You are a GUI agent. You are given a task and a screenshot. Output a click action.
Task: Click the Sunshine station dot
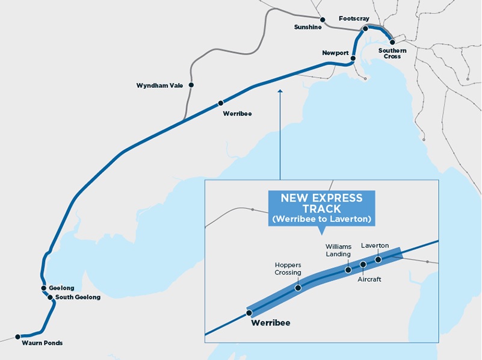322,19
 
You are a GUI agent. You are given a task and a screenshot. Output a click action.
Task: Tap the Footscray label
354,19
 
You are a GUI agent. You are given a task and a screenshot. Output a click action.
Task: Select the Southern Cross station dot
392,42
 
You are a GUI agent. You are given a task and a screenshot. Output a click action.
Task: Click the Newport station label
335,53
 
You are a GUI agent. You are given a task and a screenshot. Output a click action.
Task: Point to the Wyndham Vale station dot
191,85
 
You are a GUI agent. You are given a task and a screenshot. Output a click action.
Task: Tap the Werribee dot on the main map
220,103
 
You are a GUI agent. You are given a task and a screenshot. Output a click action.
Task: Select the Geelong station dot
44,288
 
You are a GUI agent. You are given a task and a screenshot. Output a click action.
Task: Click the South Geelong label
78,297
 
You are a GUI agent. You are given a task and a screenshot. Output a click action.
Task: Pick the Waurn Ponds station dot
17,336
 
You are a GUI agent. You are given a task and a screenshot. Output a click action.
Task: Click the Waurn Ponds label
42,343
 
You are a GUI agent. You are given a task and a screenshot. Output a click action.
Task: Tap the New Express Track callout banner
321,208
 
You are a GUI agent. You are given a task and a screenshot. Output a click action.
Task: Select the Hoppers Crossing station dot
298,288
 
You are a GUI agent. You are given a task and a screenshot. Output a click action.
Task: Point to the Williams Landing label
338,250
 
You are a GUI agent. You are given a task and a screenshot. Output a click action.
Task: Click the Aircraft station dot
363,264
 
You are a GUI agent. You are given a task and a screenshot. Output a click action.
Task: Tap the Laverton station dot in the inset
378,259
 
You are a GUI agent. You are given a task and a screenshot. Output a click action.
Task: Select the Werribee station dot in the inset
249,312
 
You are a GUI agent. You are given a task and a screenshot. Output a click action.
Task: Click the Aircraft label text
369,279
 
